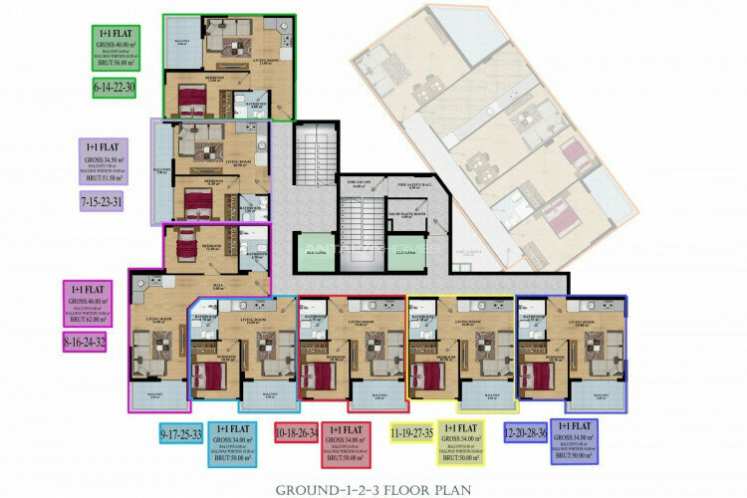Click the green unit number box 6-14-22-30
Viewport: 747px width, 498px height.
[113, 89]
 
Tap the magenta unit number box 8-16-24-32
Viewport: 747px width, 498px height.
[85, 342]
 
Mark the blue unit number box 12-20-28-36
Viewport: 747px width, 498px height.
[526, 434]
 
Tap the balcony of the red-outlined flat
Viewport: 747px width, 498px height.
[379, 395]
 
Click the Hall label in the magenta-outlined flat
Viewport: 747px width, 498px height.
[225, 285]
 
